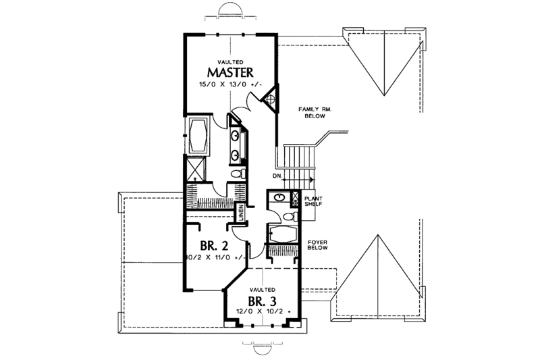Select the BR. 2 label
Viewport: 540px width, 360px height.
(x=213, y=245)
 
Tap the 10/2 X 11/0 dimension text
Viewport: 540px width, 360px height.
(x=216, y=257)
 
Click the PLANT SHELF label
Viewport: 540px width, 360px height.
(x=315, y=201)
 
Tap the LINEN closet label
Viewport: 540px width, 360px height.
(x=240, y=213)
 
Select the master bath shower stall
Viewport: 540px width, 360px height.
(x=196, y=165)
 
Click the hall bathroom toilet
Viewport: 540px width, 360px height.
(x=288, y=215)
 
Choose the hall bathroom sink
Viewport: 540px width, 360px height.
(x=278, y=197)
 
